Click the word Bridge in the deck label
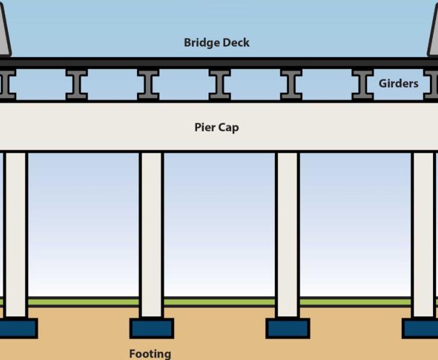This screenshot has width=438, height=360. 201,43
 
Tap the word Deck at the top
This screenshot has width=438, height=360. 235,43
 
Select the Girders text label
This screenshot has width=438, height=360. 398,83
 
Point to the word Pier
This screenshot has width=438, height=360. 205,128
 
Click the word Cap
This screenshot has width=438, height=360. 228,128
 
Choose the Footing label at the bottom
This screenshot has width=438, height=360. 150,354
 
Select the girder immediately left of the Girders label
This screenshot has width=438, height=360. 362,84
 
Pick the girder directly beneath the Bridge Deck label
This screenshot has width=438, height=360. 220,84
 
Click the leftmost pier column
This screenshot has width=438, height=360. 16,235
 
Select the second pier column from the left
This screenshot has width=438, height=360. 151,235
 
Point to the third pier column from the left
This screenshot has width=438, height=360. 287,235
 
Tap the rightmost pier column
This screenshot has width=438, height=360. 423,235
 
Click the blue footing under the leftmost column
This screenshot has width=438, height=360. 17,328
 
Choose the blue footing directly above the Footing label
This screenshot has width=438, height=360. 151,328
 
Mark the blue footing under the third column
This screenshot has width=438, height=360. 287,328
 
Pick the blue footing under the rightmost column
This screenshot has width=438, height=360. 420,328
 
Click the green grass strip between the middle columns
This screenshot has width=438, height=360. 219,302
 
